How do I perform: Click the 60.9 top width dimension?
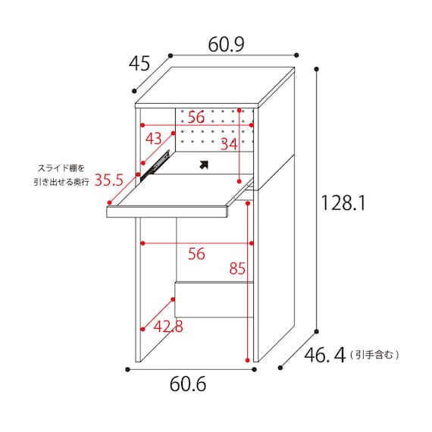point(226,45)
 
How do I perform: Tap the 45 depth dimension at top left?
point(139,64)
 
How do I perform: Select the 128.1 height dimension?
point(343,203)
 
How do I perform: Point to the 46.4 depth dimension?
point(324,355)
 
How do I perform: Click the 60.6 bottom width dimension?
point(188,384)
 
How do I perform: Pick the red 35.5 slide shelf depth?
point(109,180)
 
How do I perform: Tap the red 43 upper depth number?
point(154,138)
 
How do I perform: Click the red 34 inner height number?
point(229,144)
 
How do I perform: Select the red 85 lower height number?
point(237,268)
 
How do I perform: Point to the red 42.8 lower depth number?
point(168,327)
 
